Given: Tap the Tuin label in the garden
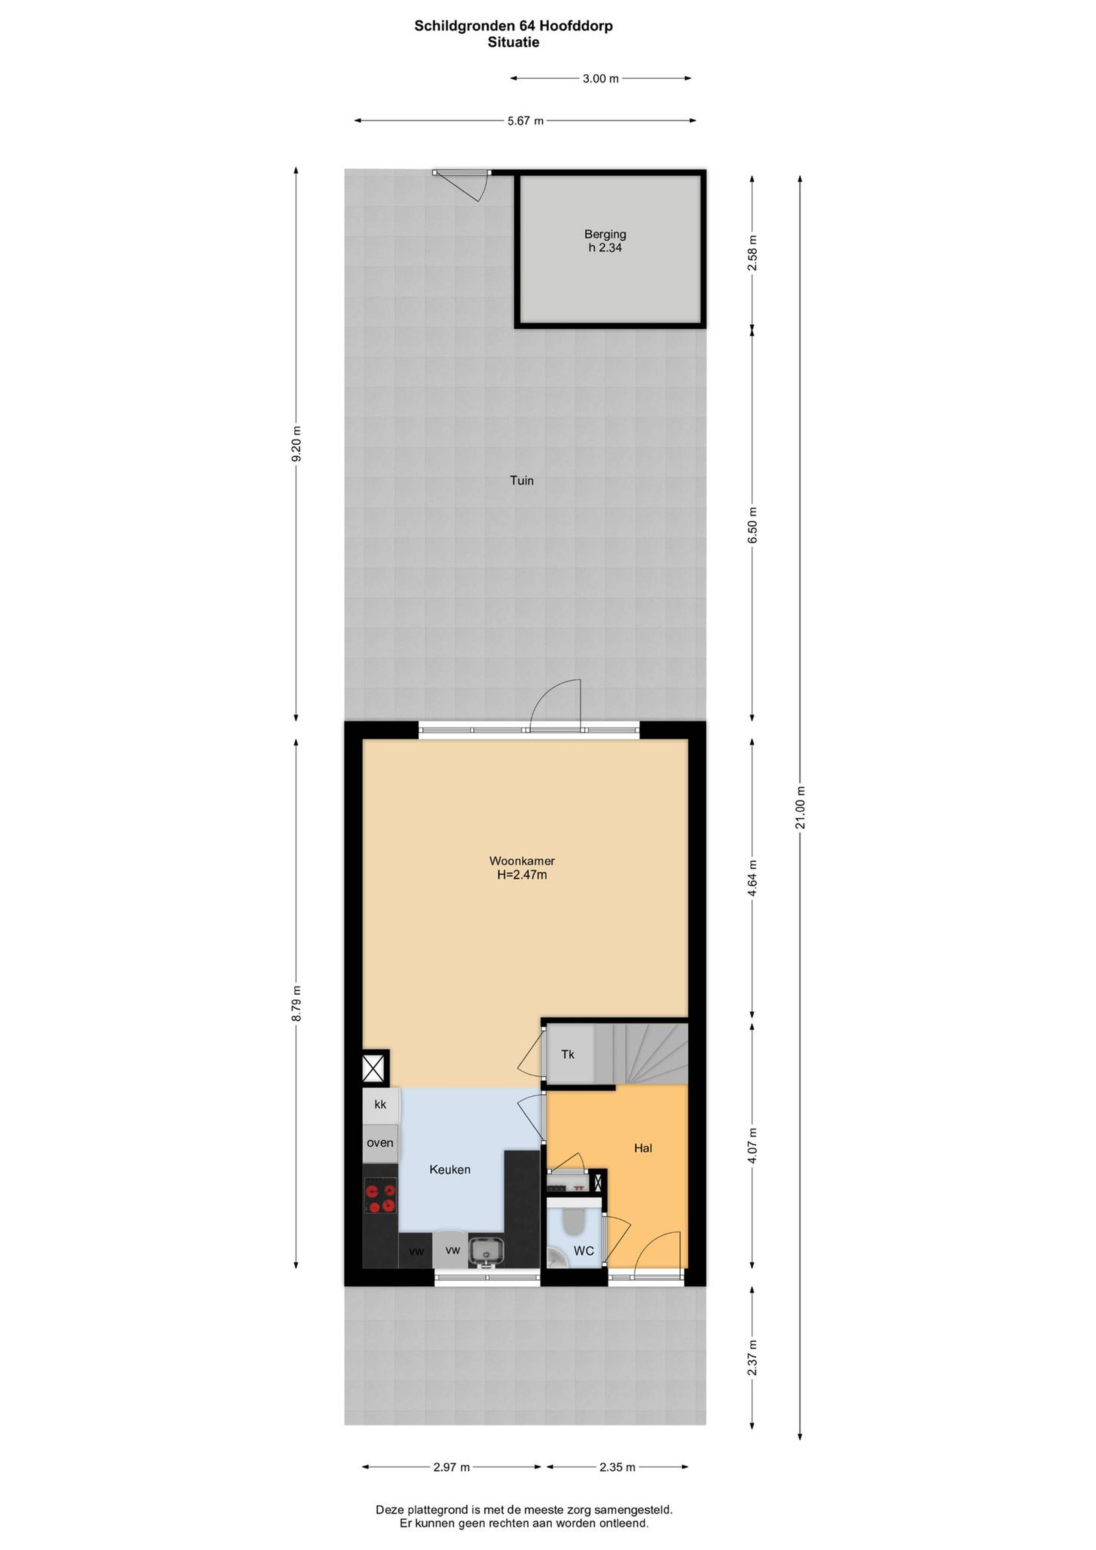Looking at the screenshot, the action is tap(521, 481).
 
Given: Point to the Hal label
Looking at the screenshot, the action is tap(643, 1148).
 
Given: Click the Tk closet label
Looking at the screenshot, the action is tap(567, 1054).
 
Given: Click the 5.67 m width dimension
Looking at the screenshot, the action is tap(525, 121).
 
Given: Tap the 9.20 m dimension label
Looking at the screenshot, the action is tap(296, 444).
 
